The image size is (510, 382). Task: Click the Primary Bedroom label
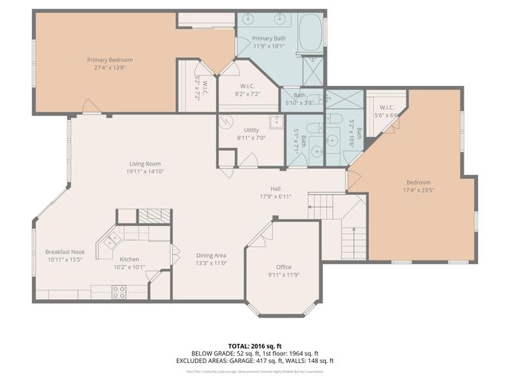(x=110, y=60)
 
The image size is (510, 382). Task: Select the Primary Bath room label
(x=269, y=39)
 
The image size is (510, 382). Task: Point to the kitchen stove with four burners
(x=119, y=293)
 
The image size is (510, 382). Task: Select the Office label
(x=284, y=267)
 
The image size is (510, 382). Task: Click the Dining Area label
(x=211, y=255)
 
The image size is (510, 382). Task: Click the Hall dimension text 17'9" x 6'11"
(x=275, y=197)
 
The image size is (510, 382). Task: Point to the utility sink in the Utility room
(x=276, y=122)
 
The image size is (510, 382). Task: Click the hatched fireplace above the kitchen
(x=155, y=216)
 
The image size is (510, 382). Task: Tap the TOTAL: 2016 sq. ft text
(x=255, y=345)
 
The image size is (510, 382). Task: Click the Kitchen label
(x=129, y=259)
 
